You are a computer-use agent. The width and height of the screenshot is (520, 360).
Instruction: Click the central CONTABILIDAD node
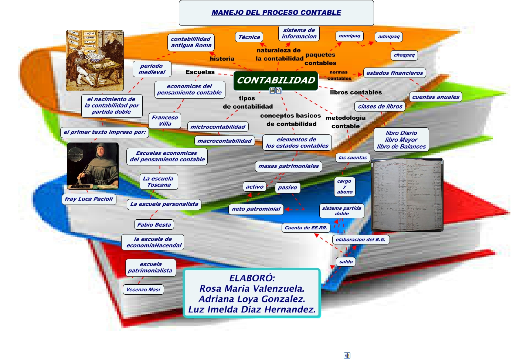pos(276,80)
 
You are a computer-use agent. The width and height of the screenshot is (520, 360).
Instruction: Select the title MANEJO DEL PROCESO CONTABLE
pos(276,13)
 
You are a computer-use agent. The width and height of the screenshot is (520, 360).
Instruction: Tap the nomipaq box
pos(349,36)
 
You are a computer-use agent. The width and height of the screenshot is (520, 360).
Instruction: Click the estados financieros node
pos(394,73)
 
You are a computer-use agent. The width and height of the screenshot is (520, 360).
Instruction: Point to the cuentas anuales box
pos(436,97)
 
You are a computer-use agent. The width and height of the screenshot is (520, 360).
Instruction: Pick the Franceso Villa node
pos(165,120)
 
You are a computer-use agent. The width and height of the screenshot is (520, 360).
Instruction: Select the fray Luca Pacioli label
pos(89,199)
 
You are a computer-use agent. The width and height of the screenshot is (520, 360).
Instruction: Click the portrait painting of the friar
pos(93,166)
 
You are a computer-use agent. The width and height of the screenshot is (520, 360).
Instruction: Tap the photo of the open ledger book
pos(407,195)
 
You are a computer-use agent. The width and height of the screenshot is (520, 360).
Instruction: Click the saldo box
pos(346,262)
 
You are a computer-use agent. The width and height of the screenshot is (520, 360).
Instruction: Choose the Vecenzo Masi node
pos(143,289)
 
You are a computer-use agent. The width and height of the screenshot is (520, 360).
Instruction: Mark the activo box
pos(255,187)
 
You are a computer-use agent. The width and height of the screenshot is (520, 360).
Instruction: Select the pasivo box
pos(287,188)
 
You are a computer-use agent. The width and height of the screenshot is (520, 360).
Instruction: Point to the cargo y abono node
pos(344,186)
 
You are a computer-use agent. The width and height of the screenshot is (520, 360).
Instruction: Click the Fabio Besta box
pos(154,224)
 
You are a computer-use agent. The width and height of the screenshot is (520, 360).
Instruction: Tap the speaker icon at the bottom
pos(347,355)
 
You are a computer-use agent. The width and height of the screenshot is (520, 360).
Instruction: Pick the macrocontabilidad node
pos(224,141)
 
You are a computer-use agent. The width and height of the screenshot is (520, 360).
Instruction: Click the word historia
pos(222,59)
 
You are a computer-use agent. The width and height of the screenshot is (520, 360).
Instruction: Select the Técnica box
pos(249,37)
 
